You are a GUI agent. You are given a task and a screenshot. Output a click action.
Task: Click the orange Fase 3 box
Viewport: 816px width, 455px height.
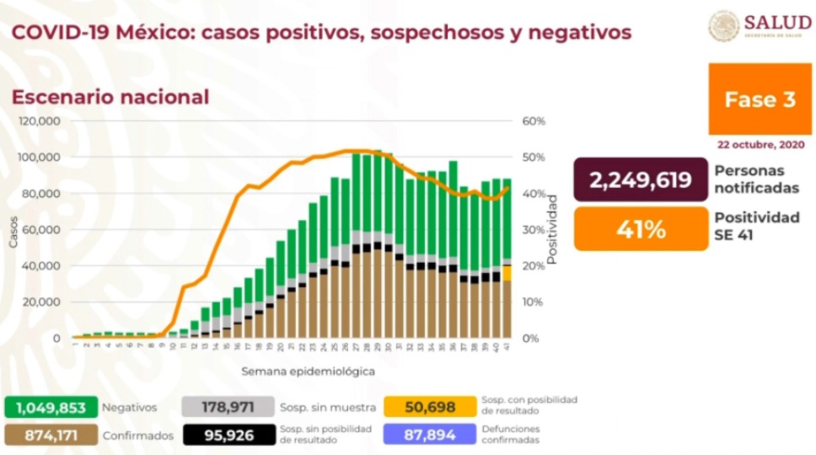[x=760, y=99]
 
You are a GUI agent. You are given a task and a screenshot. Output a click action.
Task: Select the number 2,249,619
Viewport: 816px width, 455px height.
[x=640, y=180]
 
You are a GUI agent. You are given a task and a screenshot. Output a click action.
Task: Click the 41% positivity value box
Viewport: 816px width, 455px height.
[x=640, y=228]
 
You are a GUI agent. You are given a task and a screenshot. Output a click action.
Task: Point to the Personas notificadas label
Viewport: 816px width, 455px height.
[x=755, y=179]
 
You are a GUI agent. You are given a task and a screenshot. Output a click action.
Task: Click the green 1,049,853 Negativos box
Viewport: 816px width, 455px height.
[x=51, y=407]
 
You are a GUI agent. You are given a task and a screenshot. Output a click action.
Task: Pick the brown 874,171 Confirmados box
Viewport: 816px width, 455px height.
[x=51, y=436]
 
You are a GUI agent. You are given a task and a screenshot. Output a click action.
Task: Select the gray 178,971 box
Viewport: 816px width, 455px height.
[x=228, y=407]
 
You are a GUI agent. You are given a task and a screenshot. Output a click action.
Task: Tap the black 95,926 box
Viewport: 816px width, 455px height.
[x=228, y=436]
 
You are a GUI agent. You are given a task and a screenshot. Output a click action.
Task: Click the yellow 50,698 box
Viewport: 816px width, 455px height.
[x=429, y=407]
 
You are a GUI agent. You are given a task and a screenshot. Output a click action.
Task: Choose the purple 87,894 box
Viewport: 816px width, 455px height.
[x=429, y=436]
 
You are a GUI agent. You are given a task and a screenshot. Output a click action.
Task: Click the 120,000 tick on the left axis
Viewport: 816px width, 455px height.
[x=40, y=121]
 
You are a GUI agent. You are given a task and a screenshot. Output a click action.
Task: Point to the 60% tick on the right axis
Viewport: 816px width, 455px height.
[x=534, y=121]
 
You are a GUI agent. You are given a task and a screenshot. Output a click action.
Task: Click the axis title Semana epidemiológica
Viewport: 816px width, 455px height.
[x=308, y=371]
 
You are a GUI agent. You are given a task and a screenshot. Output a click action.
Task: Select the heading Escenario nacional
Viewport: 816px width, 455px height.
[x=110, y=97]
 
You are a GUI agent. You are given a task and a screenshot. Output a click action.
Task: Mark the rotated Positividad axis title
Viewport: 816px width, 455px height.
[x=553, y=229]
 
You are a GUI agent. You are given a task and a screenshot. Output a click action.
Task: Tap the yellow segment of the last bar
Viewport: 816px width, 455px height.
[x=507, y=273]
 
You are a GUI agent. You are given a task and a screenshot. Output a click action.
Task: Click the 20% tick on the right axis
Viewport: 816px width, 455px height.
[x=534, y=266]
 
